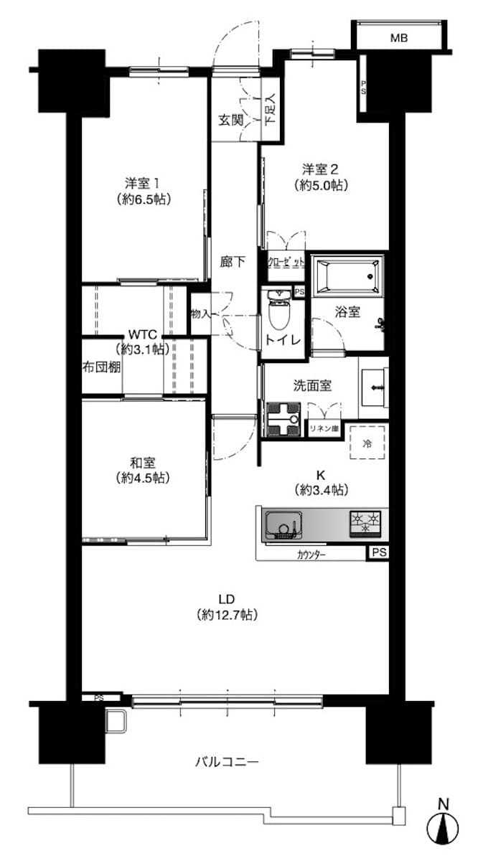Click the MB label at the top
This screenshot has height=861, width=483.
[399, 38]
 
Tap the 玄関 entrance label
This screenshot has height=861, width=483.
[231, 121]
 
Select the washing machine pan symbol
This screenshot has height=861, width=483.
[283, 419]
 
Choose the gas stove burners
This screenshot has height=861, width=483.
[365, 523]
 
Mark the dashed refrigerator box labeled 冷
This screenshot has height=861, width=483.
[367, 442]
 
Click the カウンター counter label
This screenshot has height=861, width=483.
[311, 555]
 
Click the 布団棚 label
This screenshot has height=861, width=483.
[101, 367]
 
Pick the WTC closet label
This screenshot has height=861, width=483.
[142, 333]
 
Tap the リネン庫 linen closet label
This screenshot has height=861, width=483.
[324, 428]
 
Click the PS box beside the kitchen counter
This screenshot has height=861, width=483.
[379, 552]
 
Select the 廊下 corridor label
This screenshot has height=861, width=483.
[233, 261]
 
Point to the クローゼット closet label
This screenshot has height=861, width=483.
[286, 263]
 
